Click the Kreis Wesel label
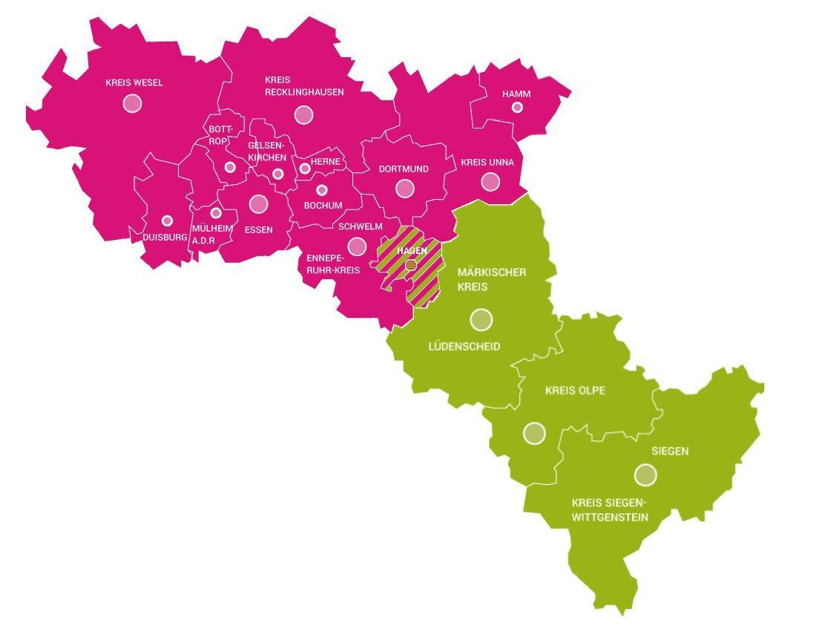[x=134, y=82]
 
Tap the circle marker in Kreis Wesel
[x=133, y=102]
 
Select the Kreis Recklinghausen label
[x=304, y=85]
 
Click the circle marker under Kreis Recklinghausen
[x=303, y=114]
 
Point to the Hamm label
[x=516, y=94]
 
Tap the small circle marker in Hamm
[x=517, y=108]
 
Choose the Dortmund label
[x=404, y=169]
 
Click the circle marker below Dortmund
[x=404, y=188]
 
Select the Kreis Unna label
[x=487, y=162]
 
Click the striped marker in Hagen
[x=411, y=264]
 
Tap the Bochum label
[x=323, y=205]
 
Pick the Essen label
[x=258, y=229]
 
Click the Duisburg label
[x=165, y=237]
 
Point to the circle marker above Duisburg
[x=167, y=221]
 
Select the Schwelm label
[x=360, y=226]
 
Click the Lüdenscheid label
[x=464, y=346]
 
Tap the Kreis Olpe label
[x=575, y=390]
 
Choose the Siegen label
[x=670, y=451]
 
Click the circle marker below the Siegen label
[x=645, y=474]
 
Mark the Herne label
[x=326, y=161]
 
